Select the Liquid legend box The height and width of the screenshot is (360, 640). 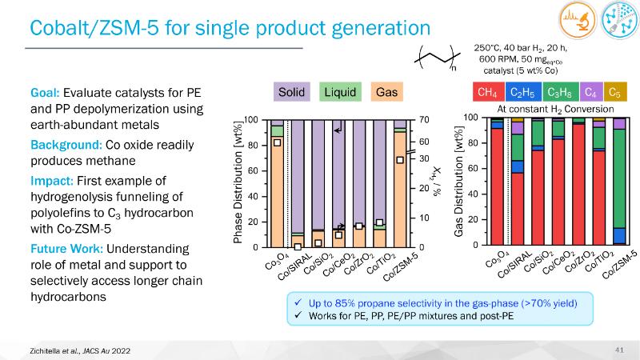[x=340, y=92]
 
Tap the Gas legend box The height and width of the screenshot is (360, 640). [x=386, y=92]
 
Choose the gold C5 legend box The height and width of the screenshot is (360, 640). [x=614, y=92]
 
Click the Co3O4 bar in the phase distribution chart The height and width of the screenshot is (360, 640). [x=277, y=184]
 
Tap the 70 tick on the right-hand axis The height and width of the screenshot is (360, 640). [x=425, y=120]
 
